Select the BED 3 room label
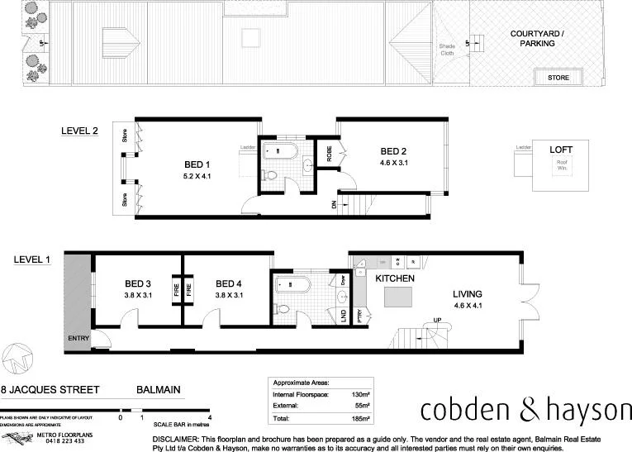click(139, 282)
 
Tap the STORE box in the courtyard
click(558, 78)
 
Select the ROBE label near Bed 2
click(328, 155)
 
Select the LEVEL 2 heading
click(80, 131)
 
